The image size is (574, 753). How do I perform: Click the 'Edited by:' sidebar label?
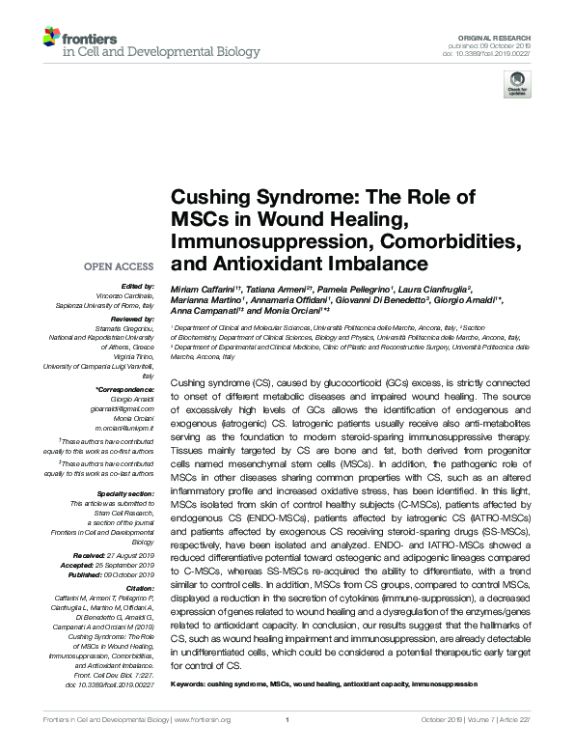coord(139,287)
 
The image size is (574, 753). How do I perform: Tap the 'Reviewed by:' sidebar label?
coord(133,318)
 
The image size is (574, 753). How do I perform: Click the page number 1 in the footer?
coord(287,746)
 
